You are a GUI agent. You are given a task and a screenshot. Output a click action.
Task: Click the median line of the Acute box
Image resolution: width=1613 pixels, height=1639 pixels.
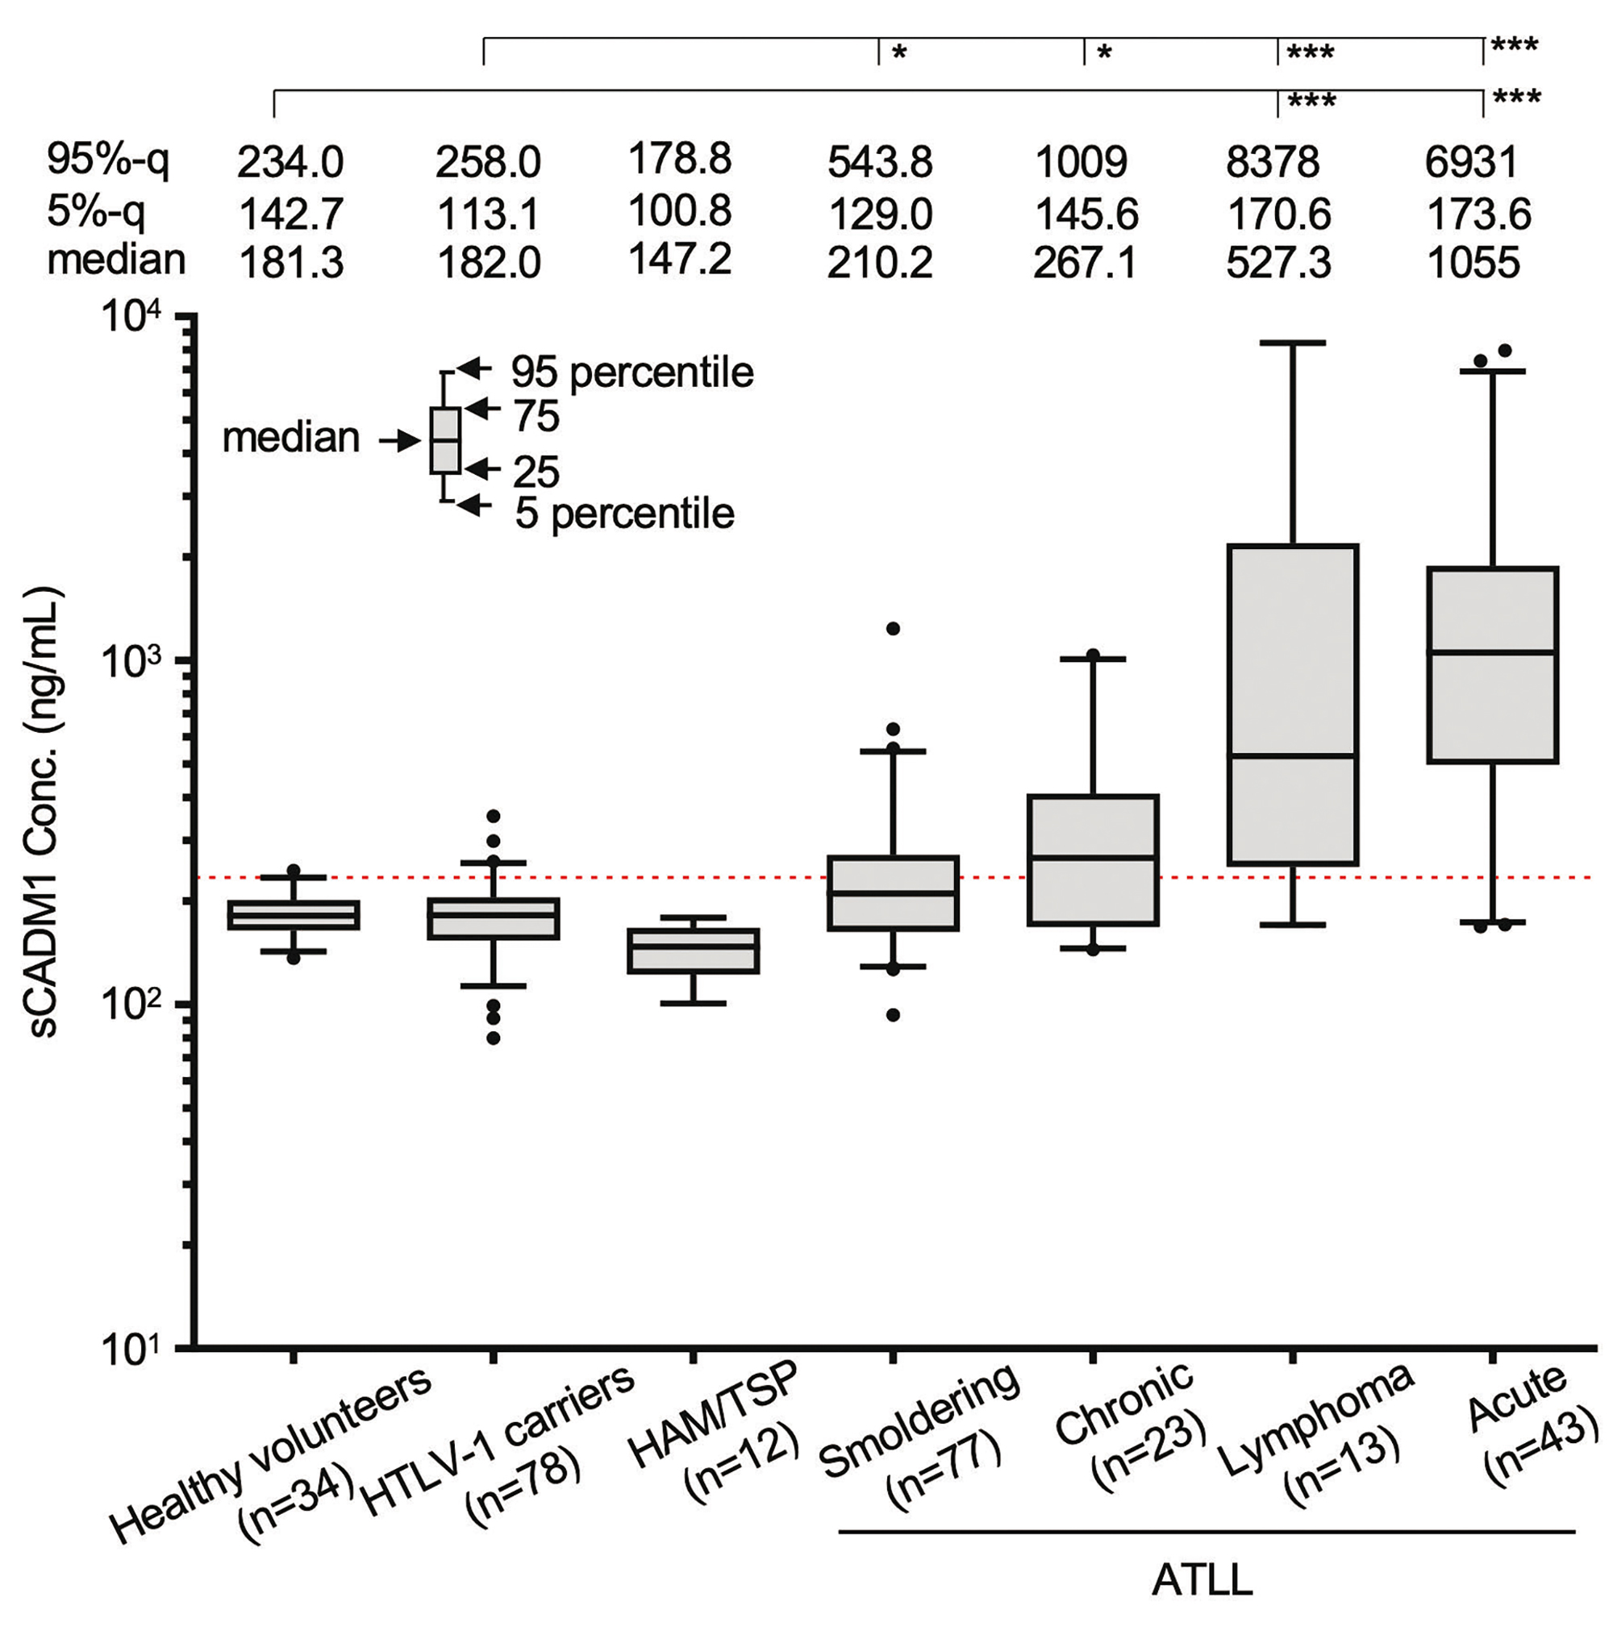[1492, 651]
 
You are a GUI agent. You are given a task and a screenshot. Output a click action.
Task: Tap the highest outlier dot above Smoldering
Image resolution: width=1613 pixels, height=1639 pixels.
[893, 629]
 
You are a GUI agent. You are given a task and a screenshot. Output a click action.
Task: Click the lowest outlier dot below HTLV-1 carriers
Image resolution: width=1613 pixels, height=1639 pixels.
[493, 1038]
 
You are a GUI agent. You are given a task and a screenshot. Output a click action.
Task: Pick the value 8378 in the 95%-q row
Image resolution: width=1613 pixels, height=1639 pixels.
[1273, 161]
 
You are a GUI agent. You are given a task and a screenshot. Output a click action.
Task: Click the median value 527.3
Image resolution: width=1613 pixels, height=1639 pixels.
[1278, 264]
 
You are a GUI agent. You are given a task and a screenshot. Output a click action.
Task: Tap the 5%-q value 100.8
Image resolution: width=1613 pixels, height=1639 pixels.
[679, 211]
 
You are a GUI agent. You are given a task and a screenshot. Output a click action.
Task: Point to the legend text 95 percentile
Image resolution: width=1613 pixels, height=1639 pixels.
[632, 372]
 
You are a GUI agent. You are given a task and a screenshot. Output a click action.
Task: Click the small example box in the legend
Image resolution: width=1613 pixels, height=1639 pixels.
[446, 439]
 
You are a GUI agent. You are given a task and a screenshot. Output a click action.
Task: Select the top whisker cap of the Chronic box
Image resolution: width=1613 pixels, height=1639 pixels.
[1093, 658]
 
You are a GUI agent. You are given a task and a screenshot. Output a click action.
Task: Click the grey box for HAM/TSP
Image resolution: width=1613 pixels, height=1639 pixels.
[693, 951]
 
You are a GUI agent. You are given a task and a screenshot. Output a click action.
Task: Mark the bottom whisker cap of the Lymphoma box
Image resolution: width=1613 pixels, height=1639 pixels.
[1293, 925]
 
